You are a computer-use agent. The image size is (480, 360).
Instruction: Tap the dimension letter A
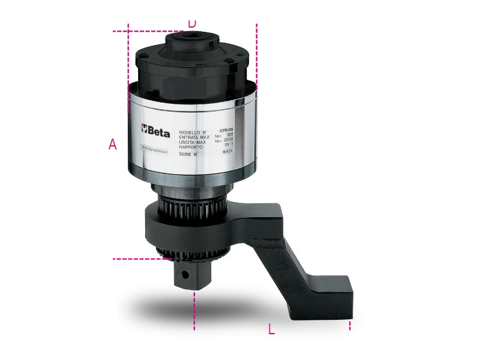112,145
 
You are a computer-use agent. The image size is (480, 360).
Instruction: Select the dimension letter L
271,329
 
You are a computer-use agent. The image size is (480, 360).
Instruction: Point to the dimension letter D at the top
191,24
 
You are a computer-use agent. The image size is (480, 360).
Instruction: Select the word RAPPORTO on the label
191,147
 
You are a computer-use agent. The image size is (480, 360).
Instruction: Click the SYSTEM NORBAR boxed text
154,149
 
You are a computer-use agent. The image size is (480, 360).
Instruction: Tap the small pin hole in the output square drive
185,275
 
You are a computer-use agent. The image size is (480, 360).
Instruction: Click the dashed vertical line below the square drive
194,312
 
